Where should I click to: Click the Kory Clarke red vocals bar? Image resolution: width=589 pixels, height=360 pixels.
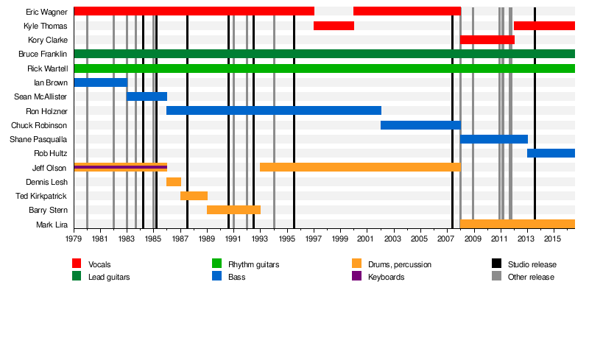pos(487,40)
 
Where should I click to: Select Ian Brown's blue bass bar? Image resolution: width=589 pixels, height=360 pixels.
pos(100,82)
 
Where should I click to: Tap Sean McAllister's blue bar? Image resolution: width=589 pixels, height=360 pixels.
pos(147,96)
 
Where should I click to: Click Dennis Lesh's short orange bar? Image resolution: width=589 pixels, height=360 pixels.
pos(173,182)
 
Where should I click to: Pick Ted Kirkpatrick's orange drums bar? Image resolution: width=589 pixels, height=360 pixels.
pos(194,196)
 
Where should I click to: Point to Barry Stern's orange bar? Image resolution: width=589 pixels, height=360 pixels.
pos(233,210)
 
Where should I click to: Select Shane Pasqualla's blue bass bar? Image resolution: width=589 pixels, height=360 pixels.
pos(493,139)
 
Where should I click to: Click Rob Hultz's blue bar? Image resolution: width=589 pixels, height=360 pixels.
pos(551,153)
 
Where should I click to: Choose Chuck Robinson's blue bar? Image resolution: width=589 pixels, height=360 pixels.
pos(420,125)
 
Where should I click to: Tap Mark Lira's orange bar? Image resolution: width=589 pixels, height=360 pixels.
pos(517,224)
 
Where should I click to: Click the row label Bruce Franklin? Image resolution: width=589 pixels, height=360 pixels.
pos(43,54)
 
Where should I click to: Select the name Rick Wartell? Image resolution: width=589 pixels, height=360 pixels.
pos(47,68)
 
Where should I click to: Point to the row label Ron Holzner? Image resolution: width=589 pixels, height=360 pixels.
pos(46,111)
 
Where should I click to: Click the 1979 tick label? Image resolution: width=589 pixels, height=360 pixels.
pos(74,239)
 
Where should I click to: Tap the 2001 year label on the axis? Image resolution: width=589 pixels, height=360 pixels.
pos(367,239)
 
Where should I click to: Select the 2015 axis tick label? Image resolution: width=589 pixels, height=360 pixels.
pos(553,239)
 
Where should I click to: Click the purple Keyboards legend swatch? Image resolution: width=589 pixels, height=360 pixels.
pos(356,277)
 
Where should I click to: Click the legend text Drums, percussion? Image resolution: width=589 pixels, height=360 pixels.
pos(401,264)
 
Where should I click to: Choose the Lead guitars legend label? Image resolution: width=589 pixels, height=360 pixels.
pos(107,277)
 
